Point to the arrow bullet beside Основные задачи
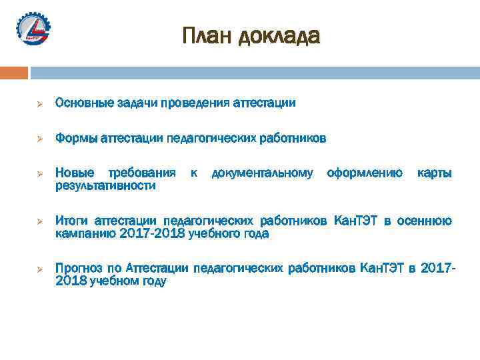pos(39,104)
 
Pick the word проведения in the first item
pos(196,103)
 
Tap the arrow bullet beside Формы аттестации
pos(39,139)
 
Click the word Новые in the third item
pos(73,173)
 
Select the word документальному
pos(262,173)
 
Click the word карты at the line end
pos(434,173)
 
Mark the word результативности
pos(105,185)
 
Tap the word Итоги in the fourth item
pos(71,221)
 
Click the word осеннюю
pos(424,221)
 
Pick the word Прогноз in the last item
pos(79,268)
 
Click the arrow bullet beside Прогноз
pos(39,269)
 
